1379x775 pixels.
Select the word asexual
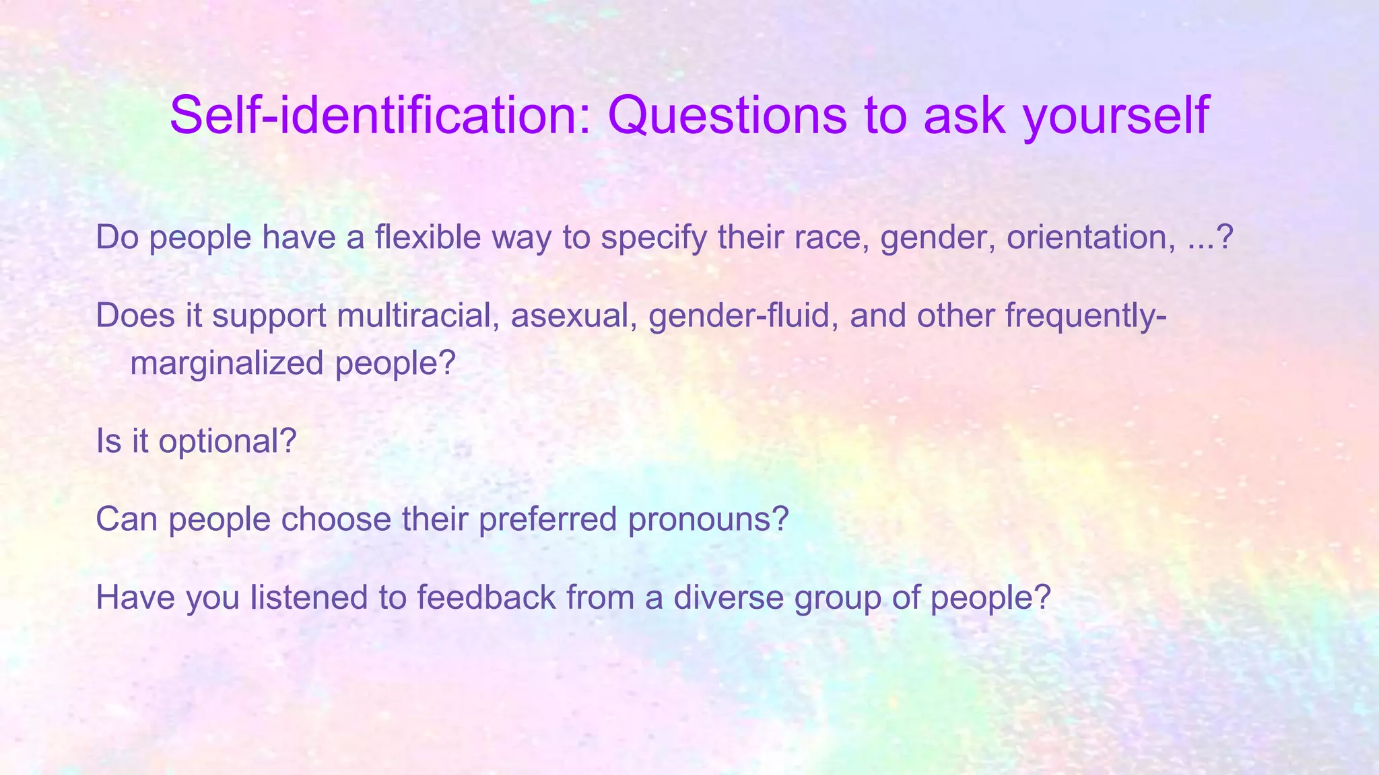(x=574, y=316)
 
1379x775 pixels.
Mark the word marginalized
(x=227, y=364)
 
